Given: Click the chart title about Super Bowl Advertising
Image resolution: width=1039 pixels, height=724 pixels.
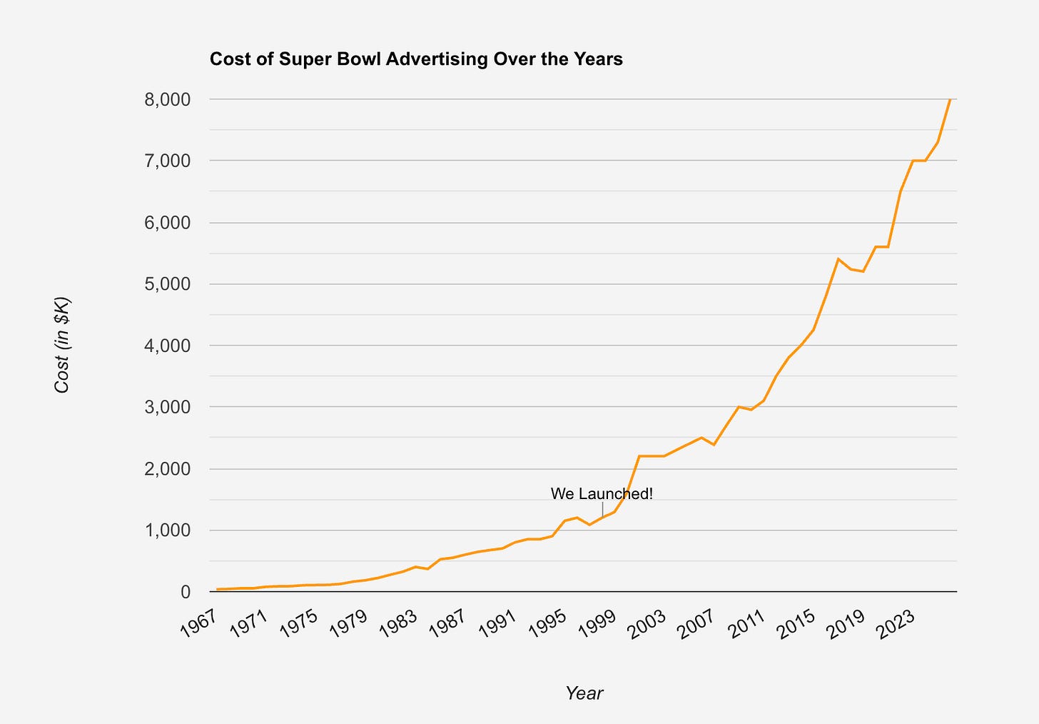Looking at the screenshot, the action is point(416,59).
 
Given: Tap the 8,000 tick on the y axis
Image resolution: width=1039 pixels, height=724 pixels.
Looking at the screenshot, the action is point(168,100).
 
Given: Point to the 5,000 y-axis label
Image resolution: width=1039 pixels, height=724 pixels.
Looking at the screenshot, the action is point(168,284).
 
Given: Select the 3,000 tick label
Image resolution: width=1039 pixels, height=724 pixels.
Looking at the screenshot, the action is point(168,407).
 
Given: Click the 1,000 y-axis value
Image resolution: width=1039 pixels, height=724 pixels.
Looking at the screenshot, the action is point(168,530).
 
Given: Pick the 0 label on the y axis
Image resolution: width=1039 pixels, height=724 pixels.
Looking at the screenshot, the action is point(186,592).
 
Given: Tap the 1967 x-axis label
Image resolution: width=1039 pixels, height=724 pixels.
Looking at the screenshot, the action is point(198,624).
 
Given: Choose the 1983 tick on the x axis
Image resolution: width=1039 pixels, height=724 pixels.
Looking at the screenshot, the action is point(398,624).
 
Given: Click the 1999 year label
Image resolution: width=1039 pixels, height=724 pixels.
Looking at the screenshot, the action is point(597,624).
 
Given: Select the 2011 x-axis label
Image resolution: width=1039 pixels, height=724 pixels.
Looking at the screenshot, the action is point(746,624).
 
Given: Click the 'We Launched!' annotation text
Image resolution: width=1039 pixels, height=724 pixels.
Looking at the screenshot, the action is point(602,494).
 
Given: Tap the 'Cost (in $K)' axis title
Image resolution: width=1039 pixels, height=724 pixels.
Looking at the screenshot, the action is point(61,345).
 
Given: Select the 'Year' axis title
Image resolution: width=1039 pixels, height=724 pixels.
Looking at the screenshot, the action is point(584,693).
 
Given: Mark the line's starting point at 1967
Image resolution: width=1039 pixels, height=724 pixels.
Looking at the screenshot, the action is point(217,590).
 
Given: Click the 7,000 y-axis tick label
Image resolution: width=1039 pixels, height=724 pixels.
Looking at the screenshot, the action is point(168,161).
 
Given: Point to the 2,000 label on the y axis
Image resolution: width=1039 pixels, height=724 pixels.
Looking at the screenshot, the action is point(168,468).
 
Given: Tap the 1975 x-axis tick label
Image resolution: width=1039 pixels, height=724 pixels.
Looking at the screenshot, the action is point(298,624).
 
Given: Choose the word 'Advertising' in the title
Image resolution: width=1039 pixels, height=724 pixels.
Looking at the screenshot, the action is point(437,60).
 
